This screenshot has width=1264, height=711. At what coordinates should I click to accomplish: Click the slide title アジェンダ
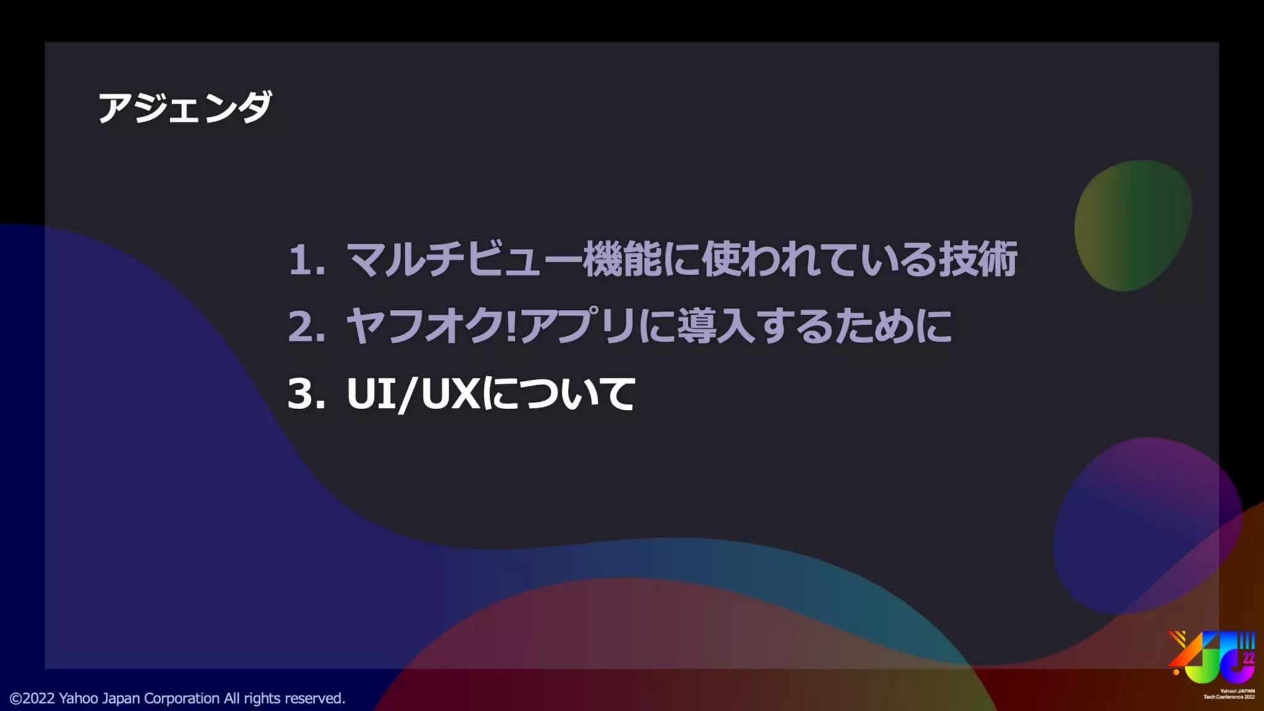(185, 107)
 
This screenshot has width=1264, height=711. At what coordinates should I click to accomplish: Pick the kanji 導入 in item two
(716, 326)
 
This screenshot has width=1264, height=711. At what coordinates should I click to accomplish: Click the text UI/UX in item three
(414, 394)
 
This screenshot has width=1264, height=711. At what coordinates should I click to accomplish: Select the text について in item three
(559, 394)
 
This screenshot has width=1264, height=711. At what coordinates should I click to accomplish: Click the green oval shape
(1133, 226)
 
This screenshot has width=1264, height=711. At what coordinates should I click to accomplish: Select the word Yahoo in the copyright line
(78, 699)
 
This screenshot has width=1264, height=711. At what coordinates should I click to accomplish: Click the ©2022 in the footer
(32, 699)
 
